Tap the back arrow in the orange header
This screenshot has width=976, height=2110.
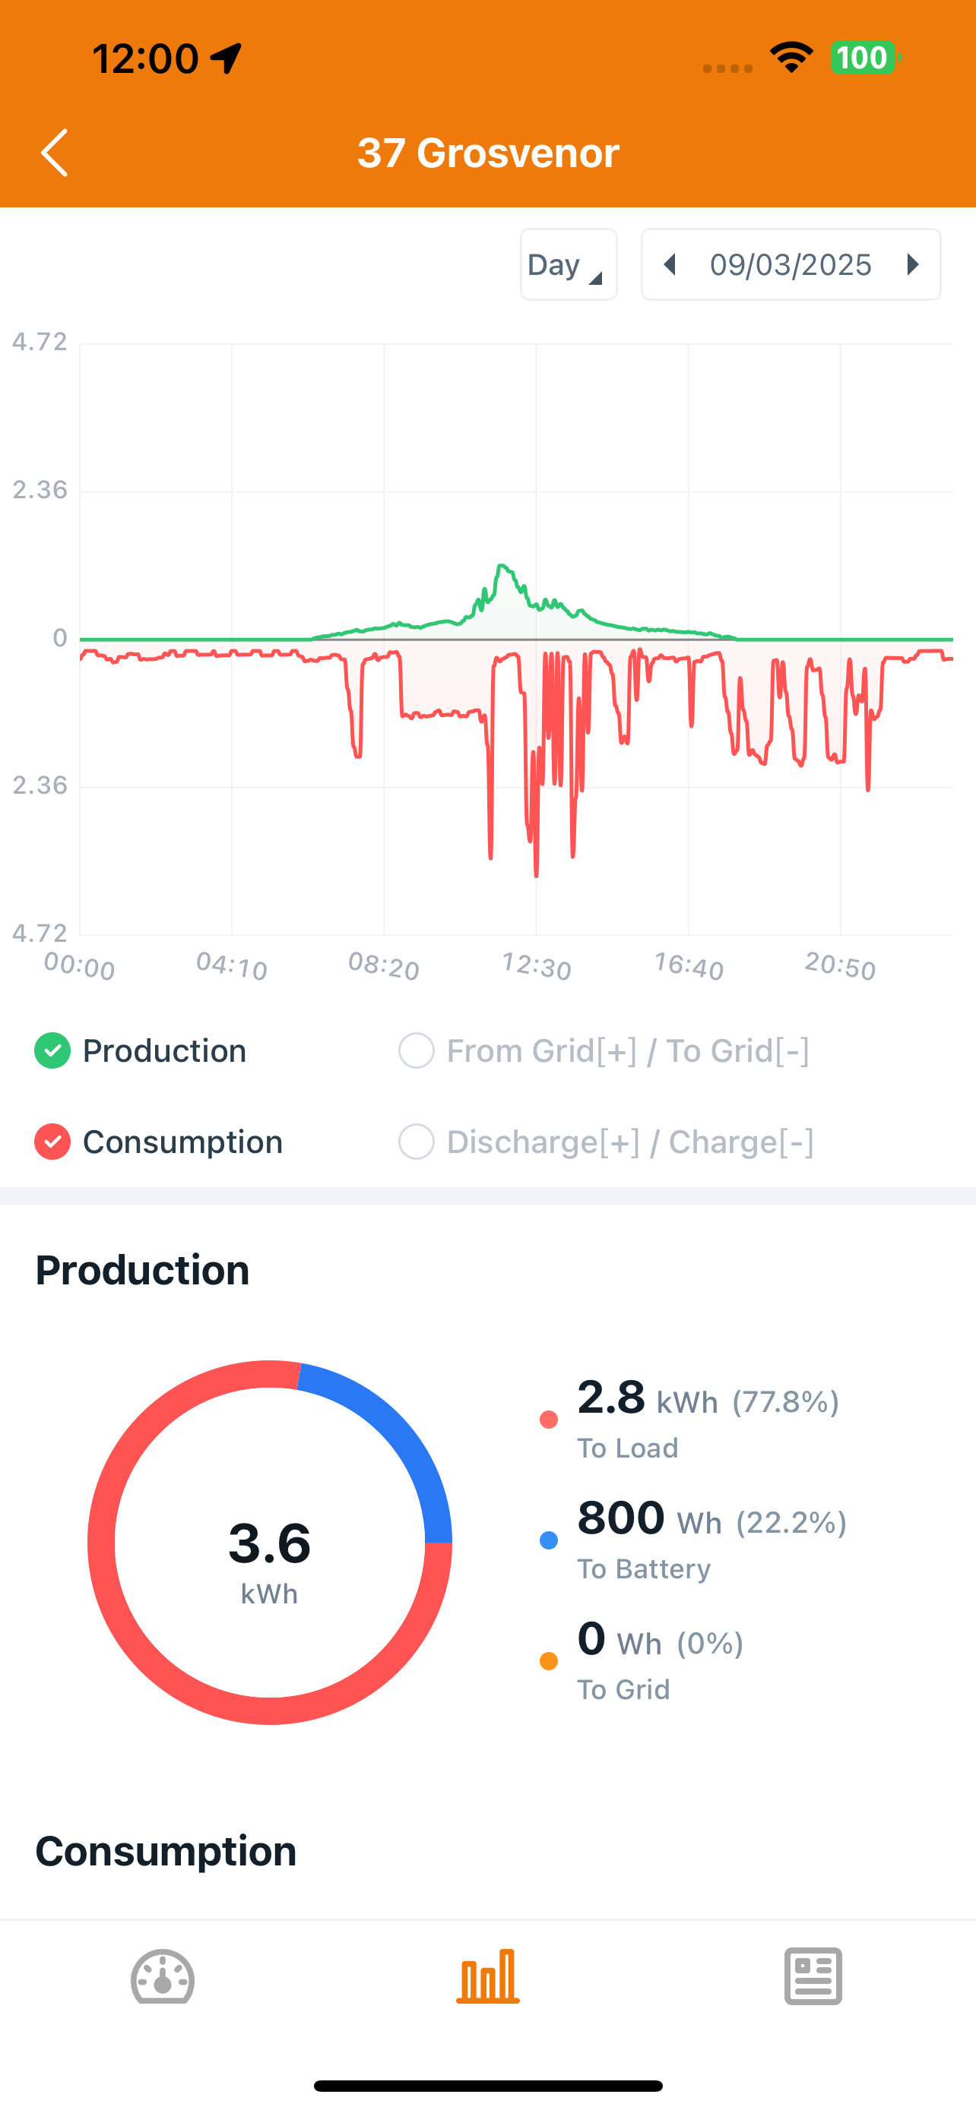tap(55, 153)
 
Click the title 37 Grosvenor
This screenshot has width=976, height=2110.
tap(487, 153)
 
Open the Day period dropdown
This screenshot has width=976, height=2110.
tap(568, 264)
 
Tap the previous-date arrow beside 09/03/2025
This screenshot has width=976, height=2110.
tap(670, 264)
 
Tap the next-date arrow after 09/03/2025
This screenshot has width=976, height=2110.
tap(912, 264)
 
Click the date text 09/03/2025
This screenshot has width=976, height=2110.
tap(790, 264)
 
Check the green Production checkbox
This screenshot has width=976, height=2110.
tap(52, 1051)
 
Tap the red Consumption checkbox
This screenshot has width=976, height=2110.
tap(52, 1142)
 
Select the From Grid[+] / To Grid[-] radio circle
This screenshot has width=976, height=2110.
tap(417, 1051)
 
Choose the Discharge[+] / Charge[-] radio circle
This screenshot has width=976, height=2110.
tap(417, 1142)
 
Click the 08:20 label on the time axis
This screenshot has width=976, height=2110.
tap(384, 967)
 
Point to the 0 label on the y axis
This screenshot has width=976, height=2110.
tap(60, 638)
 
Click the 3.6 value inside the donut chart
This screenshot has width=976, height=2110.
tap(270, 1543)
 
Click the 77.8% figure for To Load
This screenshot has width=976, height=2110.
tap(785, 1402)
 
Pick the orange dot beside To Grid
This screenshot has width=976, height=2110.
tap(549, 1661)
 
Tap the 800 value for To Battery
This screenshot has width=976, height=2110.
tap(620, 1518)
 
